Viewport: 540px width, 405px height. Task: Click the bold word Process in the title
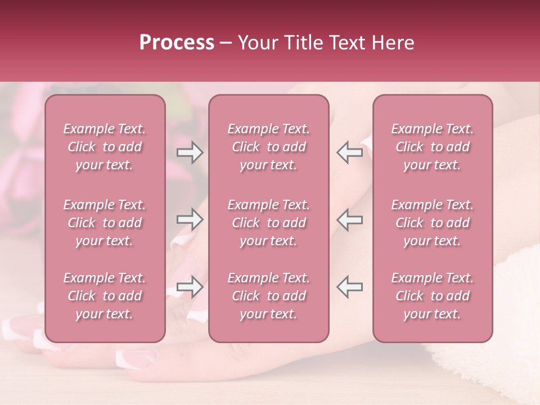point(177,43)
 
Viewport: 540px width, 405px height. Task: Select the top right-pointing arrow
point(190,152)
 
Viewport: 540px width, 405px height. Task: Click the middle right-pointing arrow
point(190,219)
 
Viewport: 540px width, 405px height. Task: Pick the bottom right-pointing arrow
point(190,287)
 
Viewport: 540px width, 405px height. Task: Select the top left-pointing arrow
point(349,152)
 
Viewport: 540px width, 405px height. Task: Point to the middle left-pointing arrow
point(349,219)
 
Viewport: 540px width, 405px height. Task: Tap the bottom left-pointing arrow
point(349,287)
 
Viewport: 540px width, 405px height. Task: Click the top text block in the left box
point(105,147)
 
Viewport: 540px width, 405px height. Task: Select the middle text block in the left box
point(105,223)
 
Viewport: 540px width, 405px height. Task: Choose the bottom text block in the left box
point(105,296)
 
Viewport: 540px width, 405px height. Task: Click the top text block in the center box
point(269,147)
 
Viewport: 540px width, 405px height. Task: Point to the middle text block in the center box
point(269,223)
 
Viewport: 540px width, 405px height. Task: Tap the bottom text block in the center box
point(269,296)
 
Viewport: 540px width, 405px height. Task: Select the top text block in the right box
point(433,147)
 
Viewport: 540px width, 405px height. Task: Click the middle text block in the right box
point(433,223)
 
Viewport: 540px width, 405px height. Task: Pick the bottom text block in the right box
point(433,296)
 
